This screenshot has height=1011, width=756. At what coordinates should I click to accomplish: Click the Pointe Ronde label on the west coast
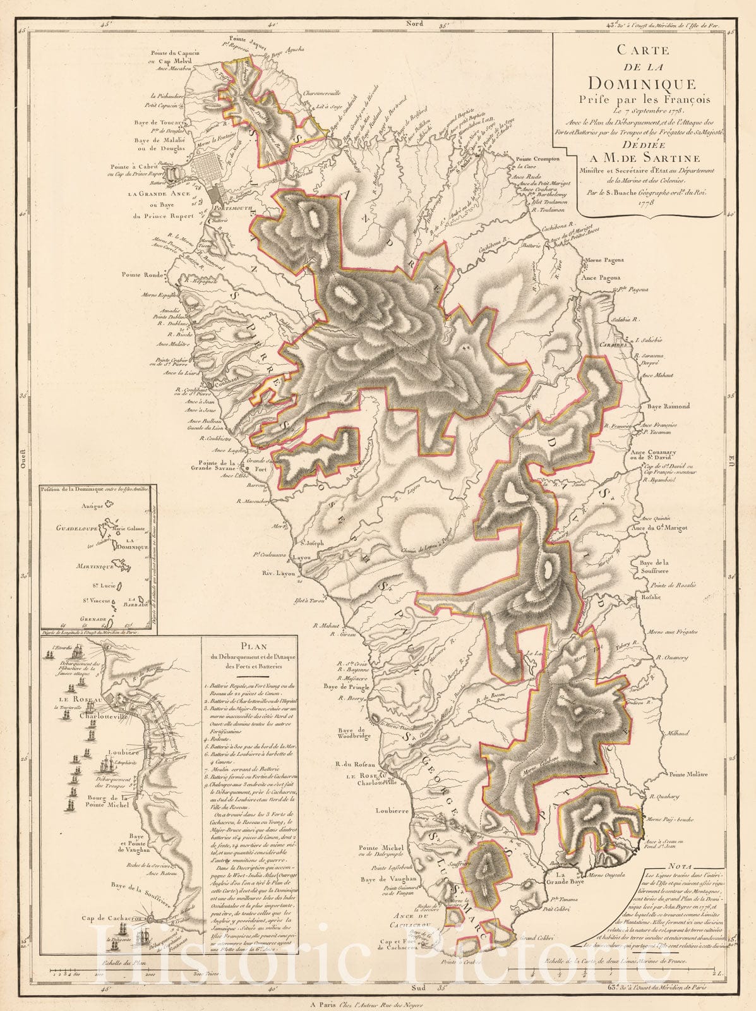[143, 275]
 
